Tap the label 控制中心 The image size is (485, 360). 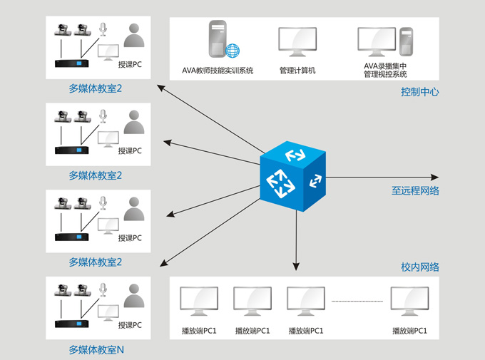[x=419, y=92]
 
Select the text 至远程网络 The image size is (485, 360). [x=415, y=191]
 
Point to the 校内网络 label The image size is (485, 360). [x=419, y=267]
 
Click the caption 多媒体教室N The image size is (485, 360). [x=96, y=350]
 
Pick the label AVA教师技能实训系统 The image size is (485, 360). [x=218, y=71]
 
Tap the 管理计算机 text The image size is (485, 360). [x=297, y=71]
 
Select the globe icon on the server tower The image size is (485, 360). [x=233, y=51]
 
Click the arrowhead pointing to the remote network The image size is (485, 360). [x=435, y=177]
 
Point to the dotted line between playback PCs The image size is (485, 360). [x=357, y=302]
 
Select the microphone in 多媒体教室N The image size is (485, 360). [x=103, y=288]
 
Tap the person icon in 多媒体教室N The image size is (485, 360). [x=133, y=296]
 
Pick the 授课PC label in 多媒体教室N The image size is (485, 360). [x=130, y=325]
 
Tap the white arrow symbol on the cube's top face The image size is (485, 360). [x=294, y=155]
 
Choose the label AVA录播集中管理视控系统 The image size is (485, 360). [x=385, y=70]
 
